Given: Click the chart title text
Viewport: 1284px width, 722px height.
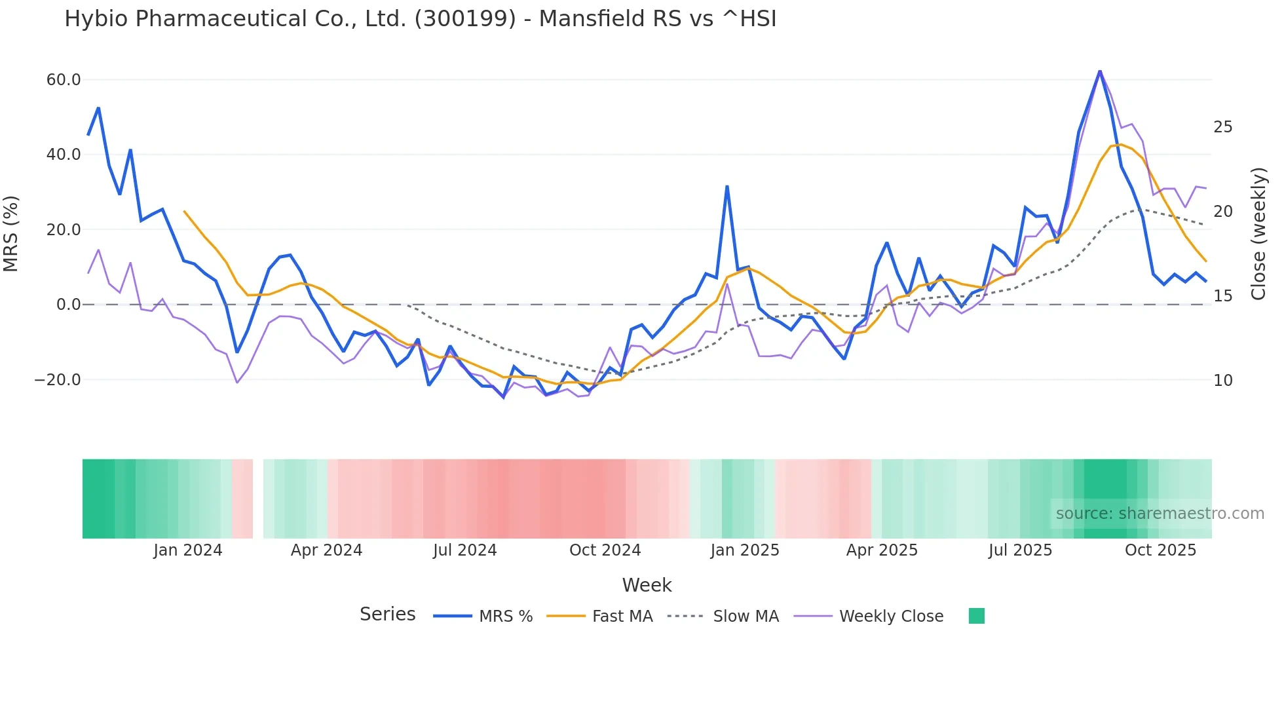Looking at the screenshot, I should coord(420,19).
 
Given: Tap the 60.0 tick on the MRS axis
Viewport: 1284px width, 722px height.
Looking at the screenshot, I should coord(64,80).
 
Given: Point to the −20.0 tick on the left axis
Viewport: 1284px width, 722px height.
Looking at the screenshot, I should coord(58,380).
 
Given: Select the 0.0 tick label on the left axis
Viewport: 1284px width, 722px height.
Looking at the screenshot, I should coord(68,305).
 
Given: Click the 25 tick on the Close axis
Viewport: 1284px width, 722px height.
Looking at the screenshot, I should coord(1223,127).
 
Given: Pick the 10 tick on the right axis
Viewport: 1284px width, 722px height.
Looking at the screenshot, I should coord(1223,381).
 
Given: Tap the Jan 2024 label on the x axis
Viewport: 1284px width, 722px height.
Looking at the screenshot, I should coord(188,550).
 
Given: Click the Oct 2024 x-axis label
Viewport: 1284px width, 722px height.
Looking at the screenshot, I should coord(605,550).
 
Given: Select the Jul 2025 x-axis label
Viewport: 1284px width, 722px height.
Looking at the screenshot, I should coord(1020,550).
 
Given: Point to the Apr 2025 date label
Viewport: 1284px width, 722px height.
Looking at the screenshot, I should coord(882,550).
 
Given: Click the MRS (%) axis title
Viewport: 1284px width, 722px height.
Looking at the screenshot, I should coord(11,234).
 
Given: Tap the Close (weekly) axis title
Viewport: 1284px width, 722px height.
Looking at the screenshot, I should coord(1258,234).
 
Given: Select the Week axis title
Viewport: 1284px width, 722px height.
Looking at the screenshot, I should coord(647,585).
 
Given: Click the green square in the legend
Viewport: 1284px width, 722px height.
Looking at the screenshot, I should coord(977,616).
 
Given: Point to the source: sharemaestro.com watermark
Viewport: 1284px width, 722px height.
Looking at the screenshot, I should coord(1160,514).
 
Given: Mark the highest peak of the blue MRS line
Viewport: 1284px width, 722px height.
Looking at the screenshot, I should coord(1100,71).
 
